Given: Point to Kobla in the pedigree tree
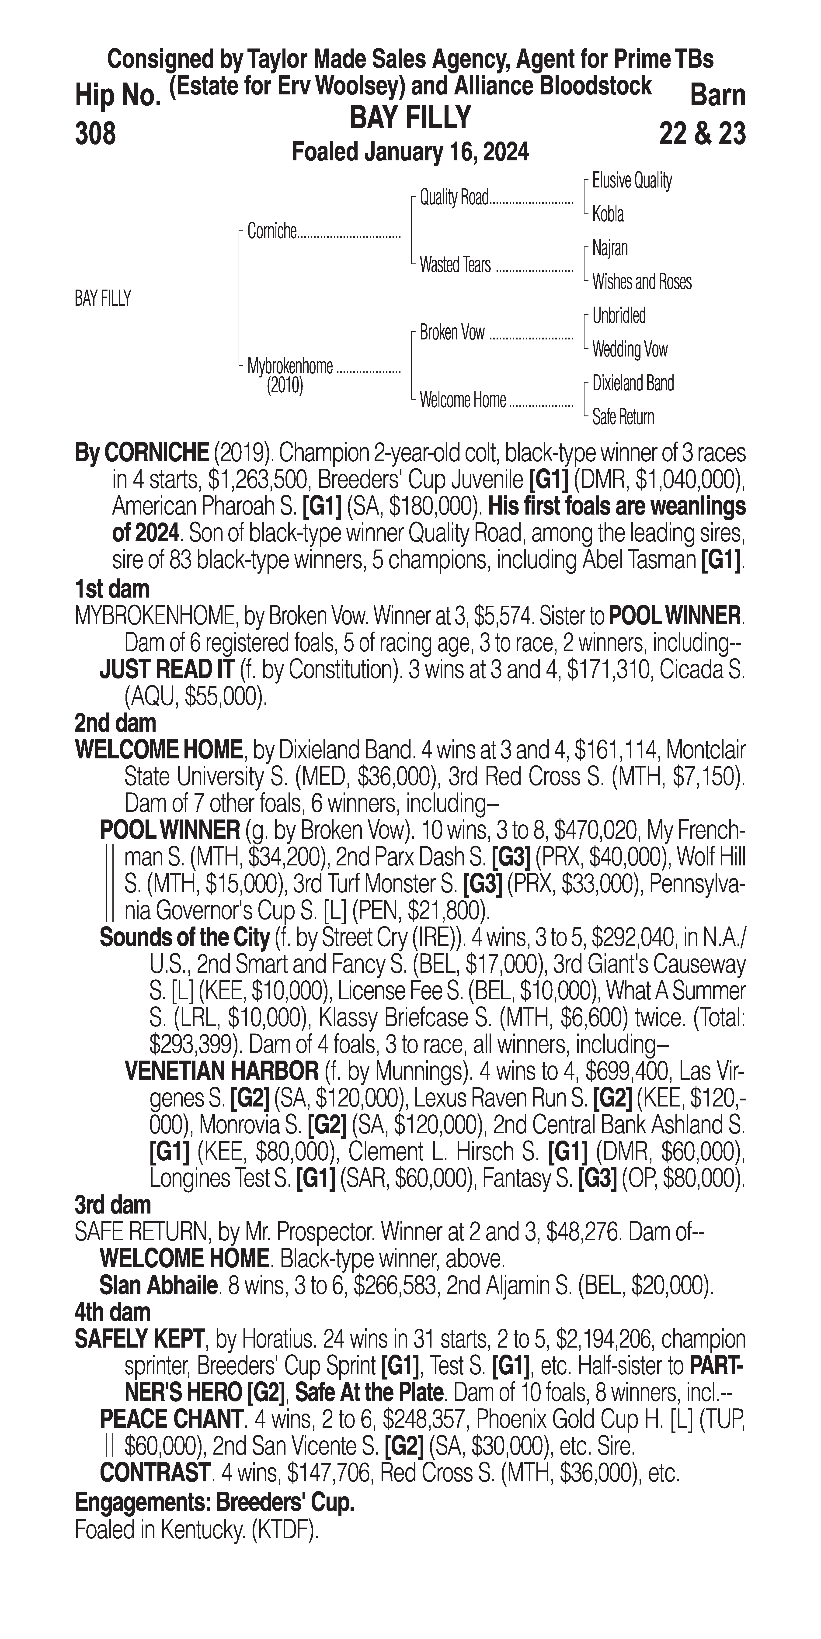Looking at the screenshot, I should pyautogui.click(x=608, y=214).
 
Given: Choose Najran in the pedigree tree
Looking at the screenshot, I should pyautogui.click(x=610, y=248).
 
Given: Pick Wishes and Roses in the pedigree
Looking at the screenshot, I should pyautogui.click(x=642, y=282).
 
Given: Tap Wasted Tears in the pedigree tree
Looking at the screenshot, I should pyautogui.click(x=455, y=265).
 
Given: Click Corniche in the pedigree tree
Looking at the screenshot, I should pyautogui.click(x=272, y=232).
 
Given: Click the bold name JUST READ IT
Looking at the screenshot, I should pyautogui.click(x=167, y=670).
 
